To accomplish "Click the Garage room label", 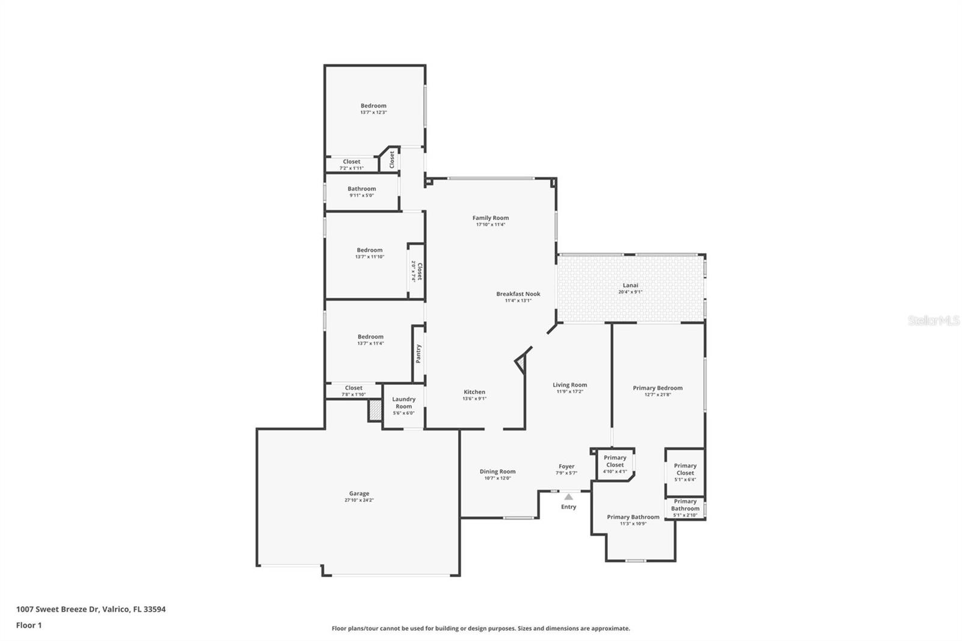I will [x=359, y=494].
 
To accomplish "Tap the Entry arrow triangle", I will [x=568, y=497].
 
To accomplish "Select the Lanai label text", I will [x=630, y=286].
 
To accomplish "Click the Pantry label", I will [x=418, y=354].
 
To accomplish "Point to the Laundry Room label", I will [x=403, y=402].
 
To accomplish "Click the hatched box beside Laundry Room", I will [x=375, y=410].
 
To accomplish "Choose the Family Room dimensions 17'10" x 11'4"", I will [x=491, y=225].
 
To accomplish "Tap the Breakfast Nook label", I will [x=518, y=294].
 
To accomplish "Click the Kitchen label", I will [x=474, y=392].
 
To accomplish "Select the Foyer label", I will [x=566, y=466].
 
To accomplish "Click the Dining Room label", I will [x=497, y=471].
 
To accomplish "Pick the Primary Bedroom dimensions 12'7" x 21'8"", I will [x=657, y=395].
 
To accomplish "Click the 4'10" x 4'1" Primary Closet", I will [x=614, y=464].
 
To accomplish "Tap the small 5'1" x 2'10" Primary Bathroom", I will [x=685, y=508].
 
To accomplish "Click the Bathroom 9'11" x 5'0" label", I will [x=361, y=192].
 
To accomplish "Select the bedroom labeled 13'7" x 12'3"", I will [x=373, y=109].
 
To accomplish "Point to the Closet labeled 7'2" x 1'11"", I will [x=351, y=164].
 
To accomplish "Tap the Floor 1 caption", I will [x=29, y=625].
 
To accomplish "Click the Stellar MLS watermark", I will [x=933, y=320].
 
